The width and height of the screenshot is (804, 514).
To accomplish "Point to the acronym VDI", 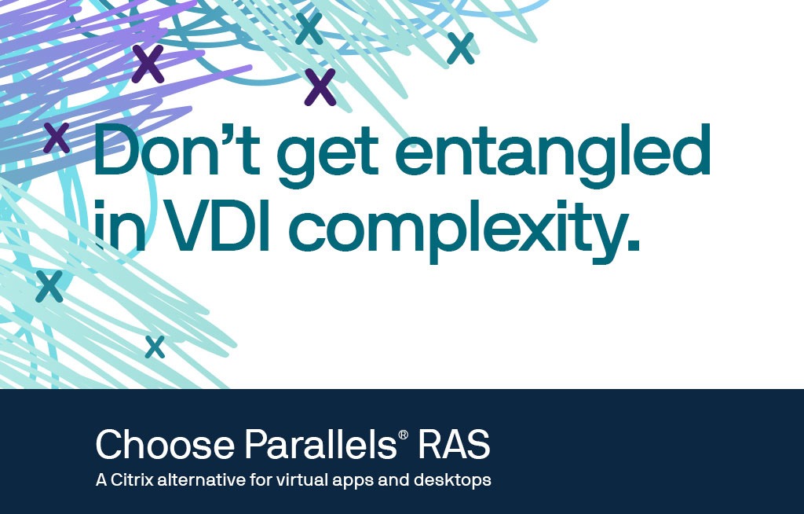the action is [217, 225].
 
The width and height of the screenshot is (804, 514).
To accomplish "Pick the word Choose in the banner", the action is [165, 444].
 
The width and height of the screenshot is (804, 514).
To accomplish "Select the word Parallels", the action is [320, 444].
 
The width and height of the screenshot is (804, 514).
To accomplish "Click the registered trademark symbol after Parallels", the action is [403, 435].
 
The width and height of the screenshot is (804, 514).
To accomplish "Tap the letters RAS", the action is [454, 444].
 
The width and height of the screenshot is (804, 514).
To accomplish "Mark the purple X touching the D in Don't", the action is [57, 138].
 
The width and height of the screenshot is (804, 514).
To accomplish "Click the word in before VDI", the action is [119, 225].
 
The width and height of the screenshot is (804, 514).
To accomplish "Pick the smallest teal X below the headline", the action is [155, 347].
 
